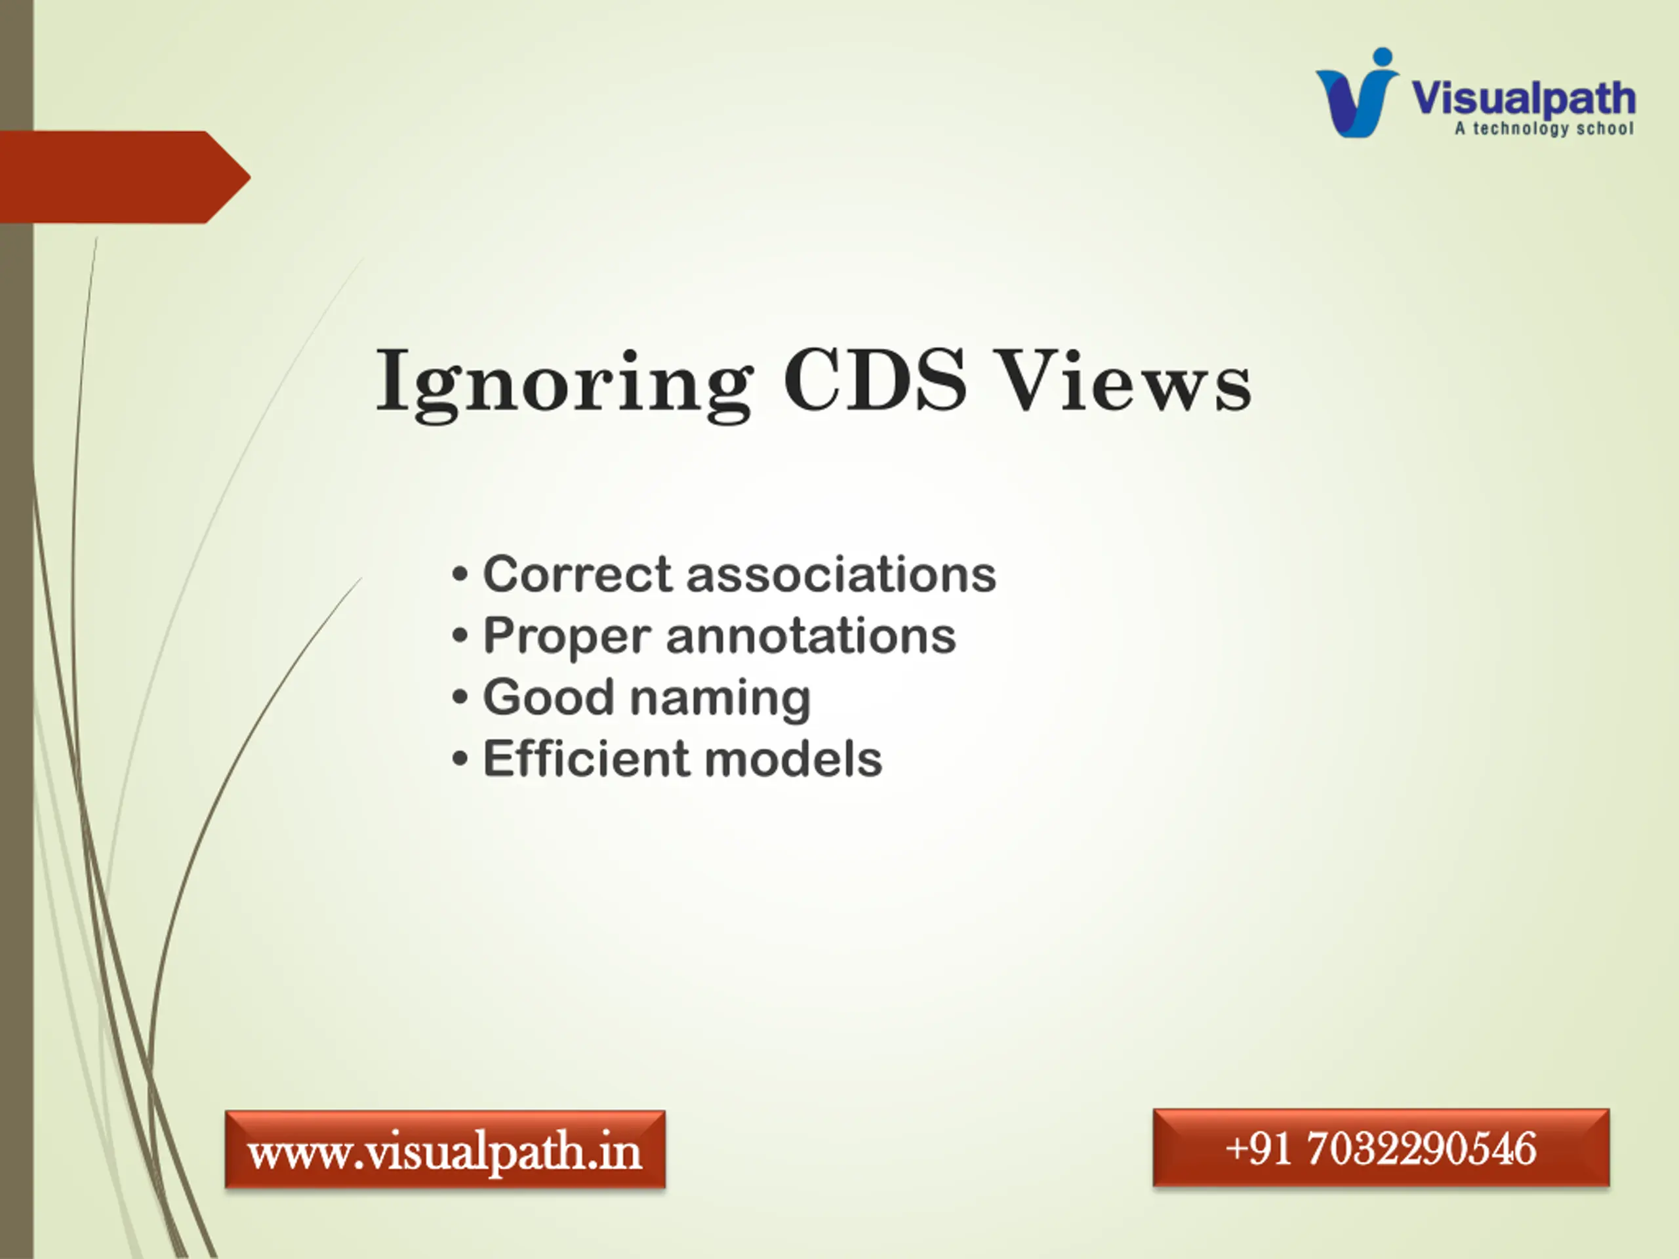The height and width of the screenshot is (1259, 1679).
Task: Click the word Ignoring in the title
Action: pyautogui.click(x=565, y=383)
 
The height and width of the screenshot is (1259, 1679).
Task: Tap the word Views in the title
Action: pyautogui.click(x=1124, y=380)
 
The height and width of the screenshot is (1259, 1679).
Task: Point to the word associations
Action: pyautogui.click(x=841, y=574)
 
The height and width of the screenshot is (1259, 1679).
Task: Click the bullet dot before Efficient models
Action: pyautogui.click(x=460, y=759)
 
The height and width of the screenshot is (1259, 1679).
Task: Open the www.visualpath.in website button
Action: pyautogui.click(x=445, y=1149)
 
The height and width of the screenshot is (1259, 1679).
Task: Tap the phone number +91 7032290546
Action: pyautogui.click(x=1381, y=1148)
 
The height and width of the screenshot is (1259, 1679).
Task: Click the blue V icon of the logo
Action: pyautogui.click(x=1356, y=95)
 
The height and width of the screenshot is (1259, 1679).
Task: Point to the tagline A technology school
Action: pyautogui.click(x=1544, y=129)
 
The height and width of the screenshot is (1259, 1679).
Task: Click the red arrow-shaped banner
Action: pyautogui.click(x=125, y=177)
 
